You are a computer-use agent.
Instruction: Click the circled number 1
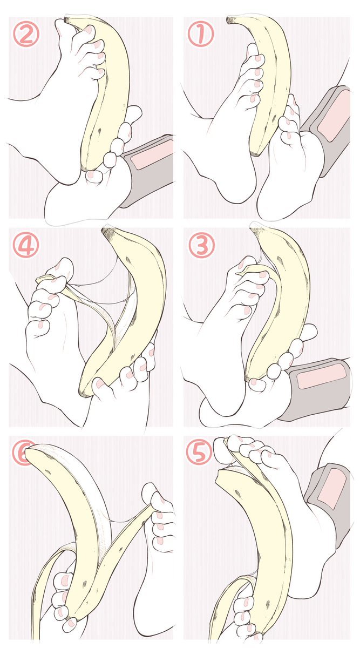200,35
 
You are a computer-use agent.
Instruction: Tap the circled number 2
26,34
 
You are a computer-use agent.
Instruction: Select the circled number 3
201,245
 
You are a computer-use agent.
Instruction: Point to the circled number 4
26,245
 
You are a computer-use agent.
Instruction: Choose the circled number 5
199,454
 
